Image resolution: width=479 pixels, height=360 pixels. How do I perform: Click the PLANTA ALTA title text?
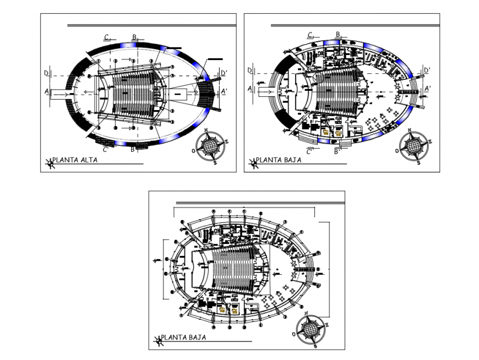(77, 160)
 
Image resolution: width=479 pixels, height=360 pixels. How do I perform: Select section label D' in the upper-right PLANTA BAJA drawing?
(427, 70)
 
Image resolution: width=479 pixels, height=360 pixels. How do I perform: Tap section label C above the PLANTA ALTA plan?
(107, 36)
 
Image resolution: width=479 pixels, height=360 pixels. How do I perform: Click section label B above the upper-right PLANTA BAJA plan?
(339, 35)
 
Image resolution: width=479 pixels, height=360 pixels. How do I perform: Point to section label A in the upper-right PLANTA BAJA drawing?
(250, 89)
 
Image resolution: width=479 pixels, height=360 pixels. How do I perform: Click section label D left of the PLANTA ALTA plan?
(47, 72)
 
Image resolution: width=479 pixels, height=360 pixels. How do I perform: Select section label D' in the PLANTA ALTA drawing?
(224, 73)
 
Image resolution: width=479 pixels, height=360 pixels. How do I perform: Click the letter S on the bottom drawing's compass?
(315, 347)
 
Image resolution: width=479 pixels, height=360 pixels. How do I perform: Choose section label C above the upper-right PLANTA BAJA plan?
(311, 35)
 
